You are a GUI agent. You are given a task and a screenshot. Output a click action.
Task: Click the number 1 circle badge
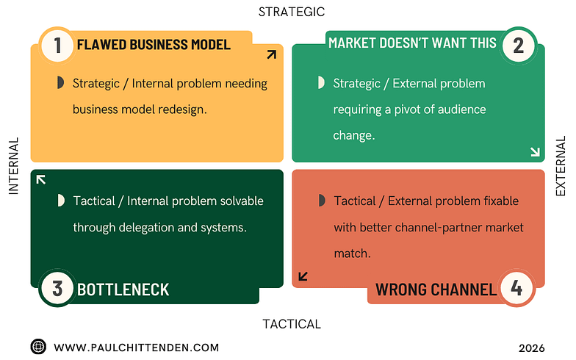click(57, 45)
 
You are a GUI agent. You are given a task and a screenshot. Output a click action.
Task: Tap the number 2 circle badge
click(519, 46)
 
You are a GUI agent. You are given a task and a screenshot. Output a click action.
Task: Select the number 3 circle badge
click(57, 288)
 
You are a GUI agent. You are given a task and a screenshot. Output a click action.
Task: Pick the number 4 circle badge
click(517, 288)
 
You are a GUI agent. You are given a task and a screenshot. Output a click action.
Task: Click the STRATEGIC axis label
click(292, 12)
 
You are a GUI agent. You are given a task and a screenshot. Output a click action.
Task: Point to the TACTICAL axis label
click(292, 324)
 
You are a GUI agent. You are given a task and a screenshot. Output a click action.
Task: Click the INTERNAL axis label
click(13, 166)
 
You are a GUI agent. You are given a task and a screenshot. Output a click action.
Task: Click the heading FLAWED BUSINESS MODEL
click(154, 44)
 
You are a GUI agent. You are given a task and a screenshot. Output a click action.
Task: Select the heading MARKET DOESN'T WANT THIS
click(412, 43)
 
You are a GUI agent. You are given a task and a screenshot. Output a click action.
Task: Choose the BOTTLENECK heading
click(123, 289)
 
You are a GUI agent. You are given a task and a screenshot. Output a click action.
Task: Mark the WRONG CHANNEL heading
click(436, 289)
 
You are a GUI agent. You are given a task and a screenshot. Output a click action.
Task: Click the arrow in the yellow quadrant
click(271, 54)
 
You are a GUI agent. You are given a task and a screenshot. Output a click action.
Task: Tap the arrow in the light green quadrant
click(534, 152)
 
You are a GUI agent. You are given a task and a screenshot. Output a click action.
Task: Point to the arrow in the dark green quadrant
click(41, 179)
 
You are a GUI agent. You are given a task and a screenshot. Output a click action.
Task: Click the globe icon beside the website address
click(38, 347)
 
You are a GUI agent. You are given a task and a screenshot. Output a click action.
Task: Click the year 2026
click(531, 348)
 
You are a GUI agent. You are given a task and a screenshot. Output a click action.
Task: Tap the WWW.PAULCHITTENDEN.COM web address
click(137, 348)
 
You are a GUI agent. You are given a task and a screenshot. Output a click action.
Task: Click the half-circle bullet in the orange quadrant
click(321, 201)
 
